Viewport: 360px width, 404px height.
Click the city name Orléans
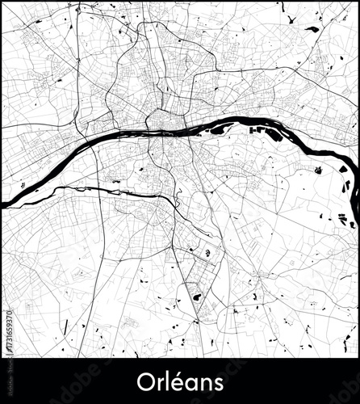[x=179, y=380]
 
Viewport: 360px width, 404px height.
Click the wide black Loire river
[x=121, y=137]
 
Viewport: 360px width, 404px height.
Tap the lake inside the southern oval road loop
[x=196, y=298]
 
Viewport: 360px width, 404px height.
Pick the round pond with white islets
[x=208, y=254]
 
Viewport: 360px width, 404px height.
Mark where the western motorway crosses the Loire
[x=94, y=146]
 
